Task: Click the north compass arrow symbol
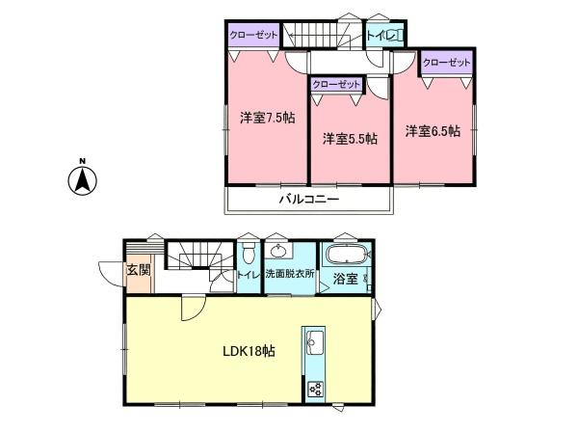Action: pos(83,179)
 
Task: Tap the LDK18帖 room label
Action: pos(249,351)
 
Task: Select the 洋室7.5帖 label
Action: pos(267,118)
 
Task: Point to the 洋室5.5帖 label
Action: pos(350,139)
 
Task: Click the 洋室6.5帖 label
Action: pos(433,131)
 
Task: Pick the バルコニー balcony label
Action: pos(309,200)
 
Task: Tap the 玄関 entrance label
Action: pos(139,270)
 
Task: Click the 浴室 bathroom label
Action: pos(345,279)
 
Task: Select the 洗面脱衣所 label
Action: pos(290,274)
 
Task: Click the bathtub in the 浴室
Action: pos(347,255)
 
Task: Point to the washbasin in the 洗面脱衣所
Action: pos(279,252)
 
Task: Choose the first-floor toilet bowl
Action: pos(249,254)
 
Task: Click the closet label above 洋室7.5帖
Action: pos(253,36)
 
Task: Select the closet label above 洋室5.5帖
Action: pos(336,85)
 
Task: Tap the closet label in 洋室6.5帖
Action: pos(446,63)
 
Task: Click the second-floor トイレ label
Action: pos(381,36)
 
